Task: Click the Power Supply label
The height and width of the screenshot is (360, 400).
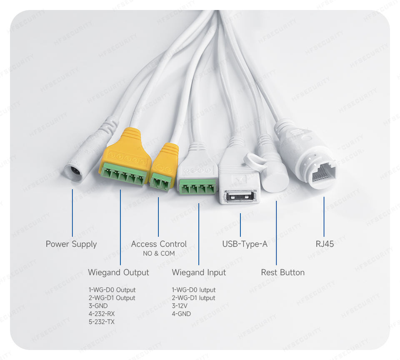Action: tap(71, 244)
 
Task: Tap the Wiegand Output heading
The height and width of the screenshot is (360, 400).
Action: tap(118, 272)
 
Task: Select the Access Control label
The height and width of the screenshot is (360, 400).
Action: tap(159, 244)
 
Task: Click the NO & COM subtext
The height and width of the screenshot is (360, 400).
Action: tap(159, 253)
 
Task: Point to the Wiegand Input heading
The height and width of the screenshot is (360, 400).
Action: tap(199, 272)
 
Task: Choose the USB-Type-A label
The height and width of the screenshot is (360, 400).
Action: tap(245, 244)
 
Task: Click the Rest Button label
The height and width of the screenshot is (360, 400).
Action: tap(282, 272)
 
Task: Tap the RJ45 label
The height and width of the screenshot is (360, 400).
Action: tap(325, 244)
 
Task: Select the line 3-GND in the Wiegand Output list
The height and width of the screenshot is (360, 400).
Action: tap(98, 306)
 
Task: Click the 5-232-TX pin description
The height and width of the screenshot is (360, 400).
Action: tap(101, 322)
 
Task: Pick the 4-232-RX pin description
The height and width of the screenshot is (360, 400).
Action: tap(101, 314)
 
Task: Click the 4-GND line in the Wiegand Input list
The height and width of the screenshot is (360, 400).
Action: tap(181, 314)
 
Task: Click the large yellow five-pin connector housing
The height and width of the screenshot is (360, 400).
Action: tap(125, 150)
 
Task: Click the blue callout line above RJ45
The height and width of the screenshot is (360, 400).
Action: tap(324, 217)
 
